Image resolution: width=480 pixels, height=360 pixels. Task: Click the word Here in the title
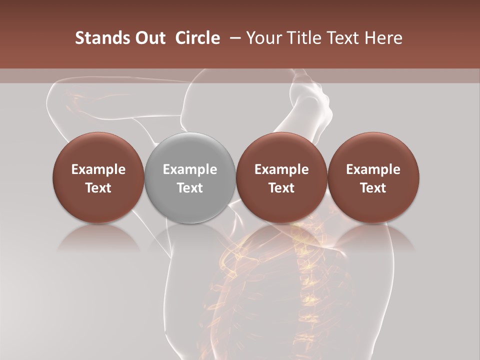[383, 38]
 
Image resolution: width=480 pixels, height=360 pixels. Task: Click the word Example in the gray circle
[190, 170]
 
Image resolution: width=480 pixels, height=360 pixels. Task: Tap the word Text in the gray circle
[190, 188]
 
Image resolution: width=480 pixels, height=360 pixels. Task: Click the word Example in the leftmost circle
[98, 170]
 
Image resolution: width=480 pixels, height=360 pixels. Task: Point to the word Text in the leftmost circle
[98, 188]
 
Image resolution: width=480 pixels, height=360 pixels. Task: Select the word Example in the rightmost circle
[373, 170]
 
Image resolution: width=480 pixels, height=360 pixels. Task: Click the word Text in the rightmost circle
[373, 188]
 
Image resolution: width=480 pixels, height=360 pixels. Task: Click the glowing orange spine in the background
[302, 270]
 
